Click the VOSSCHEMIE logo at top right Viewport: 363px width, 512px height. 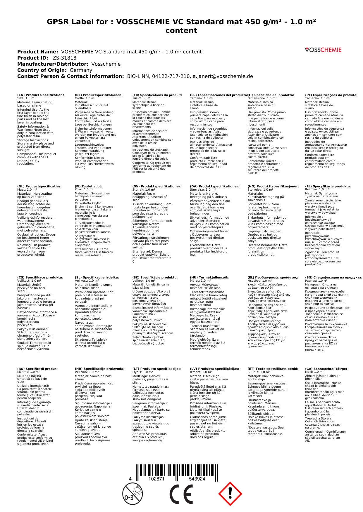(x=323, y=50)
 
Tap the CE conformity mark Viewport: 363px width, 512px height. (x=181, y=493)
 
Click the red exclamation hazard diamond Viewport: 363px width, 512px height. (x=230, y=493)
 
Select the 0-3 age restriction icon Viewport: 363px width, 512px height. (x=132, y=493)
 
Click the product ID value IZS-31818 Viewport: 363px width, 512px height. (x=64, y=58)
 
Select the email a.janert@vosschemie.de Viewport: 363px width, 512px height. (x=222, y=76)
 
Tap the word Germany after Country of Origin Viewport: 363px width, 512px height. (x=81, y=70)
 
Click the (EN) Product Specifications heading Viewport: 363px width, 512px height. (x=41, y=95)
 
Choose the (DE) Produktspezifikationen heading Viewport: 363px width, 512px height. (x=99, y=95)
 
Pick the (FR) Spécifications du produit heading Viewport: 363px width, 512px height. (x=157, y=95)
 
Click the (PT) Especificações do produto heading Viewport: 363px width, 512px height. (x=331, y=95)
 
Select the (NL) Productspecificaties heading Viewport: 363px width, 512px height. (x=39, y=186)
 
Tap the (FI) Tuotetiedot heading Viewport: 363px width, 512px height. (x=88, y=186)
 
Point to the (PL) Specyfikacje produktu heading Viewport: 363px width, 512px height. (x=328, y=186)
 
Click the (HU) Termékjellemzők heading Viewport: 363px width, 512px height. (x=209, y=277)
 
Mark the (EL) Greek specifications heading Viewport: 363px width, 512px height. (x=273, y=277)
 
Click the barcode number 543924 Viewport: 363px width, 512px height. (x=197, y=479)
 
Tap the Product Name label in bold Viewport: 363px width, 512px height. (x=37, y=52)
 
